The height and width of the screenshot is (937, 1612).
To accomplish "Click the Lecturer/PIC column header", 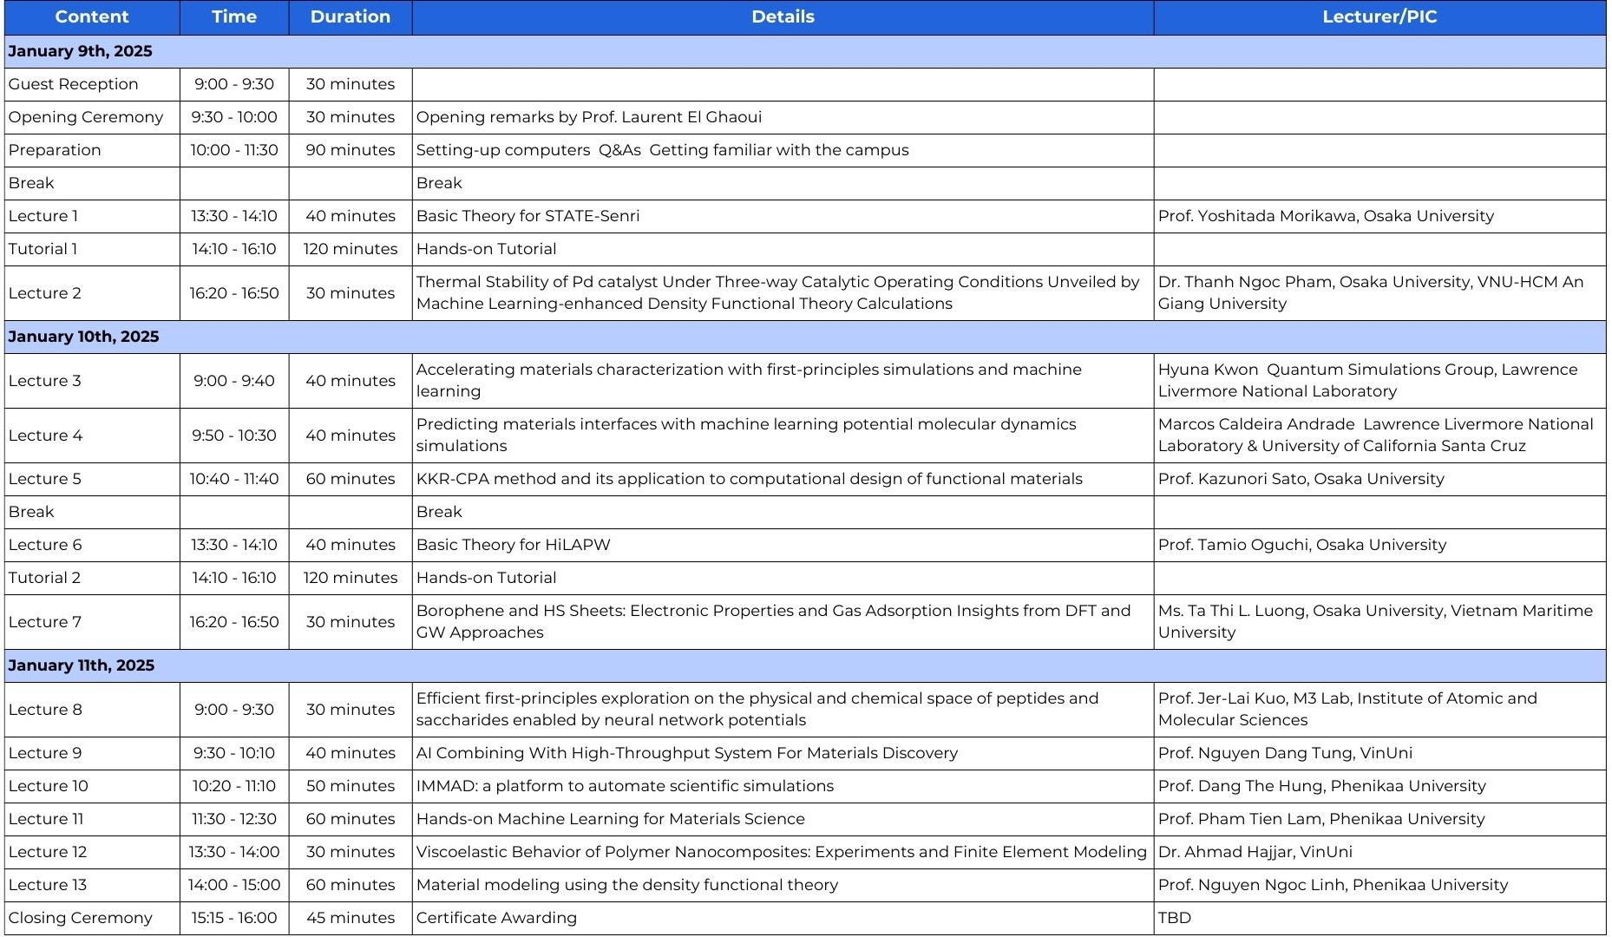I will click(1379, 17).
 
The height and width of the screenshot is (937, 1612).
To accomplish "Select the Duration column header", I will click(350, 17).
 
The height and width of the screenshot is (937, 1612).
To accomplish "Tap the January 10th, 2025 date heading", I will click(83, 337).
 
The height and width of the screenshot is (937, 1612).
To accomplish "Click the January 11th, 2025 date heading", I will click(81, 665).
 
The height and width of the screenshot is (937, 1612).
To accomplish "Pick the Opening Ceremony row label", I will click(85, 117).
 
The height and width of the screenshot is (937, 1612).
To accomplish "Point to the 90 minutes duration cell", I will click(350, 150).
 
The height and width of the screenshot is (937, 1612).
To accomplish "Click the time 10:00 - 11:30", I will click(234, 150).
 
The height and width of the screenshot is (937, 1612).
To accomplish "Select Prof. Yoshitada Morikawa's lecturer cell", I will click(1325, 216).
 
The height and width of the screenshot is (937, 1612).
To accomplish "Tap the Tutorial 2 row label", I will click(44, 578).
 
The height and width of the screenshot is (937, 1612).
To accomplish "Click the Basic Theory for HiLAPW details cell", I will click(513, 545).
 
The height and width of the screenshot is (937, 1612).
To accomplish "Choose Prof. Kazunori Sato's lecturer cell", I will click(1301, 479).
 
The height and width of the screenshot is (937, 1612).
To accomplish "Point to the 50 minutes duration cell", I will click(350, 786).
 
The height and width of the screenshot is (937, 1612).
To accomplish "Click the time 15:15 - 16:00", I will click(234, 918).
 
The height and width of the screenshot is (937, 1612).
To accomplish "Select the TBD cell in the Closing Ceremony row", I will click(1174, 918).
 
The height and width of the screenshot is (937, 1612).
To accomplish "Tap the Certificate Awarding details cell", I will click(495, 918).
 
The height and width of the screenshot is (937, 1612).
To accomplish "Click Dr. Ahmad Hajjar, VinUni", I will click(1255, 852).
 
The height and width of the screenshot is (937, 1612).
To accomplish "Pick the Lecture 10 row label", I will click(48, 786).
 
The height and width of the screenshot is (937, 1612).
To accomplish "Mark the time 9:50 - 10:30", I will click(234, 436).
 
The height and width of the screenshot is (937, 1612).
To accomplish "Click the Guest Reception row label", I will click(73, 84).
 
